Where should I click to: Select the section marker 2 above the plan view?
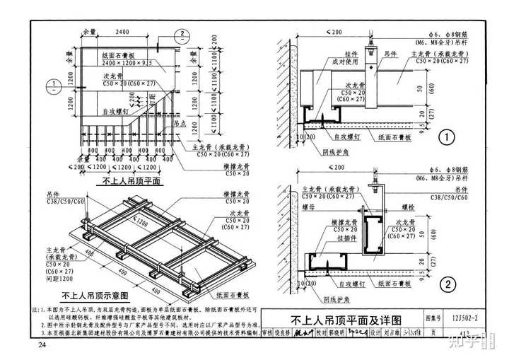pyautogui.click(x=182, y=34)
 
